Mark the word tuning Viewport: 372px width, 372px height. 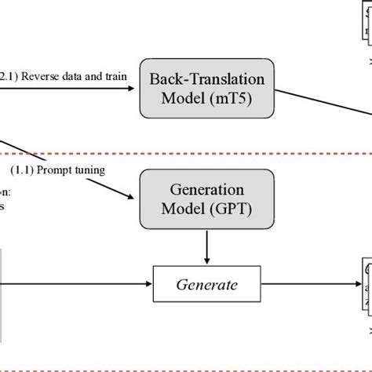[x=110, y=169]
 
